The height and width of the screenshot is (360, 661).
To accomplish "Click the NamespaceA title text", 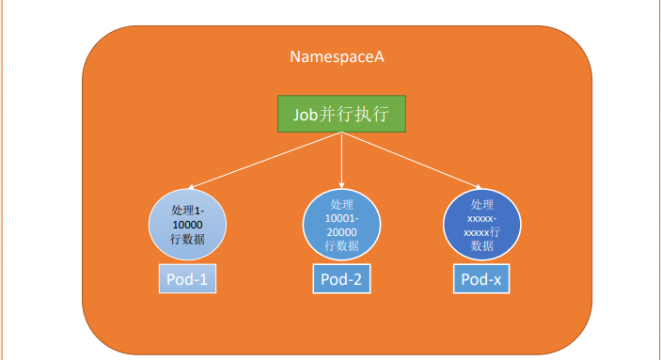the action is pos(337,57).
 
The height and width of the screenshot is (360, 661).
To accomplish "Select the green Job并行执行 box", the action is pos(341,114).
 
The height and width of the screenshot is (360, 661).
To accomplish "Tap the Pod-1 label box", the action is pos(187,278).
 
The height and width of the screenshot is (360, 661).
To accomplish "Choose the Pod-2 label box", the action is pos(341,278).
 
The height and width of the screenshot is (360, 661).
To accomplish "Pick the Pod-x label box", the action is pos(481,278).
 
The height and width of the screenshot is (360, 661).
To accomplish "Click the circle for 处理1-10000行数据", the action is pos(187,225).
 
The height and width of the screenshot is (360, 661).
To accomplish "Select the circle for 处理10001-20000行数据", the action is pos(341,225).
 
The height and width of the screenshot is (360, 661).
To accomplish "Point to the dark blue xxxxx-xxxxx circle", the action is pos(481,225).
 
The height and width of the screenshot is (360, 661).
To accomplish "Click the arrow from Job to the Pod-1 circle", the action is pos(265,161).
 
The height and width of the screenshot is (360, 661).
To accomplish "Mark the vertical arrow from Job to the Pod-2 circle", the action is pos(341,160).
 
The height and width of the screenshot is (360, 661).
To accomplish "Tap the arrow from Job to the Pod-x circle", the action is pos(412,160).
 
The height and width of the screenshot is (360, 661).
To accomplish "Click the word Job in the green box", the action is pos(306,115).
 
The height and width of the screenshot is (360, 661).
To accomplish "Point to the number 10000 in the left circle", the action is pos(188,225).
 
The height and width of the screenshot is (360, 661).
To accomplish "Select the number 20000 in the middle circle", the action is pos(341,232).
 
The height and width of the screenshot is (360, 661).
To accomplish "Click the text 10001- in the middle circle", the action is pos(341,218).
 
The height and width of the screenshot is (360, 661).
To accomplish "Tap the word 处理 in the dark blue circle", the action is pos(481,205).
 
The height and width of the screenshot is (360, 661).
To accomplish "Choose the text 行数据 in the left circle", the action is pos(188,239).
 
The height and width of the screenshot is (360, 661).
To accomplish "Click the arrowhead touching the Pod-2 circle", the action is pos(341,185).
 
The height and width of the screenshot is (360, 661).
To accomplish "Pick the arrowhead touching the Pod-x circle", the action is pos(479,186).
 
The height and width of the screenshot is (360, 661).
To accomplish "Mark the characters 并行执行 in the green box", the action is pos(354,115).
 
